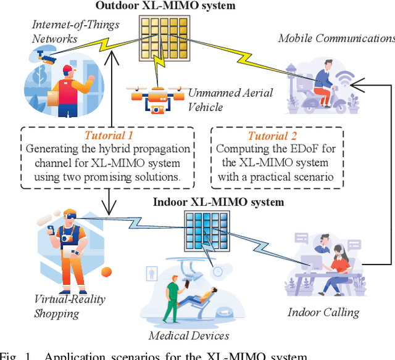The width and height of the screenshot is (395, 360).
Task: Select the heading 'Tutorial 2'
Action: pos(272,136)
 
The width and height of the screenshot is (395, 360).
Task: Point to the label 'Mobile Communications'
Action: pos(336,38)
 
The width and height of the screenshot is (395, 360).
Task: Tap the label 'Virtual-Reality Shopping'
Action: pos(70,306)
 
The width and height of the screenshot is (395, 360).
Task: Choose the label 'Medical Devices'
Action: pos(189,335)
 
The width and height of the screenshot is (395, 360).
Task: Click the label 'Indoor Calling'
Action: pos(323,312)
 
